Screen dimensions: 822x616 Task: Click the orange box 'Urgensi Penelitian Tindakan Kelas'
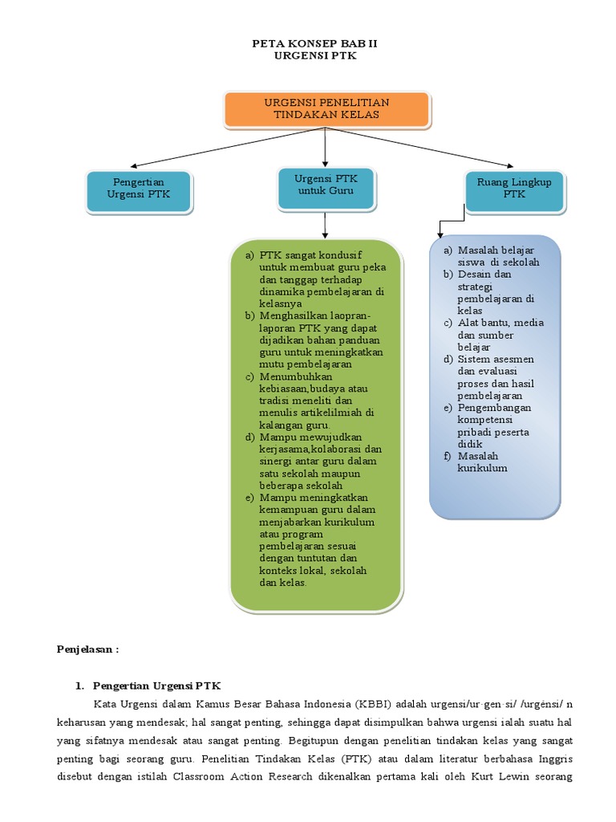[x=326, y=109]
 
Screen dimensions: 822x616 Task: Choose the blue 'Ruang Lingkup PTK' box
[x=514, y=189]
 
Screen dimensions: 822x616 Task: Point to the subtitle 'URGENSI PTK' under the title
[x=310, y=57]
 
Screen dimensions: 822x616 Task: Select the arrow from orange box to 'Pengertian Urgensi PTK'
[x=217, y=149]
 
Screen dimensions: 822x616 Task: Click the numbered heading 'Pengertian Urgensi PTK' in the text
[x=156, y=686]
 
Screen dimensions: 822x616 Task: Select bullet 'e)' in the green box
[x=249, y=498]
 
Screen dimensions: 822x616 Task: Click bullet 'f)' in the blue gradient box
[x=448, y=456]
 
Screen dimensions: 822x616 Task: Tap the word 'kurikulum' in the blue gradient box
[x=483, y=468]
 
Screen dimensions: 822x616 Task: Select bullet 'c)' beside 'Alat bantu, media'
[x=448, y=323]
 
